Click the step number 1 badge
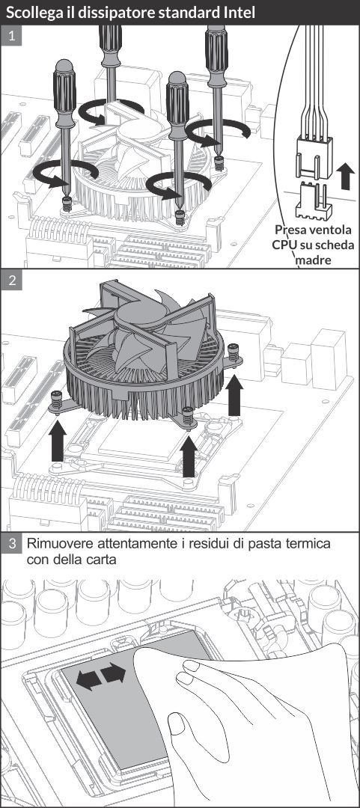tap(10, 36)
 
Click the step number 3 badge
tap(10, 544)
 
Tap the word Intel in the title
tap(240, 13)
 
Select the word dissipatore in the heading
tap(106, 13)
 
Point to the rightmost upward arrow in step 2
tap(235, 395)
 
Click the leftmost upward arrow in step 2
tap(58, 441)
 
